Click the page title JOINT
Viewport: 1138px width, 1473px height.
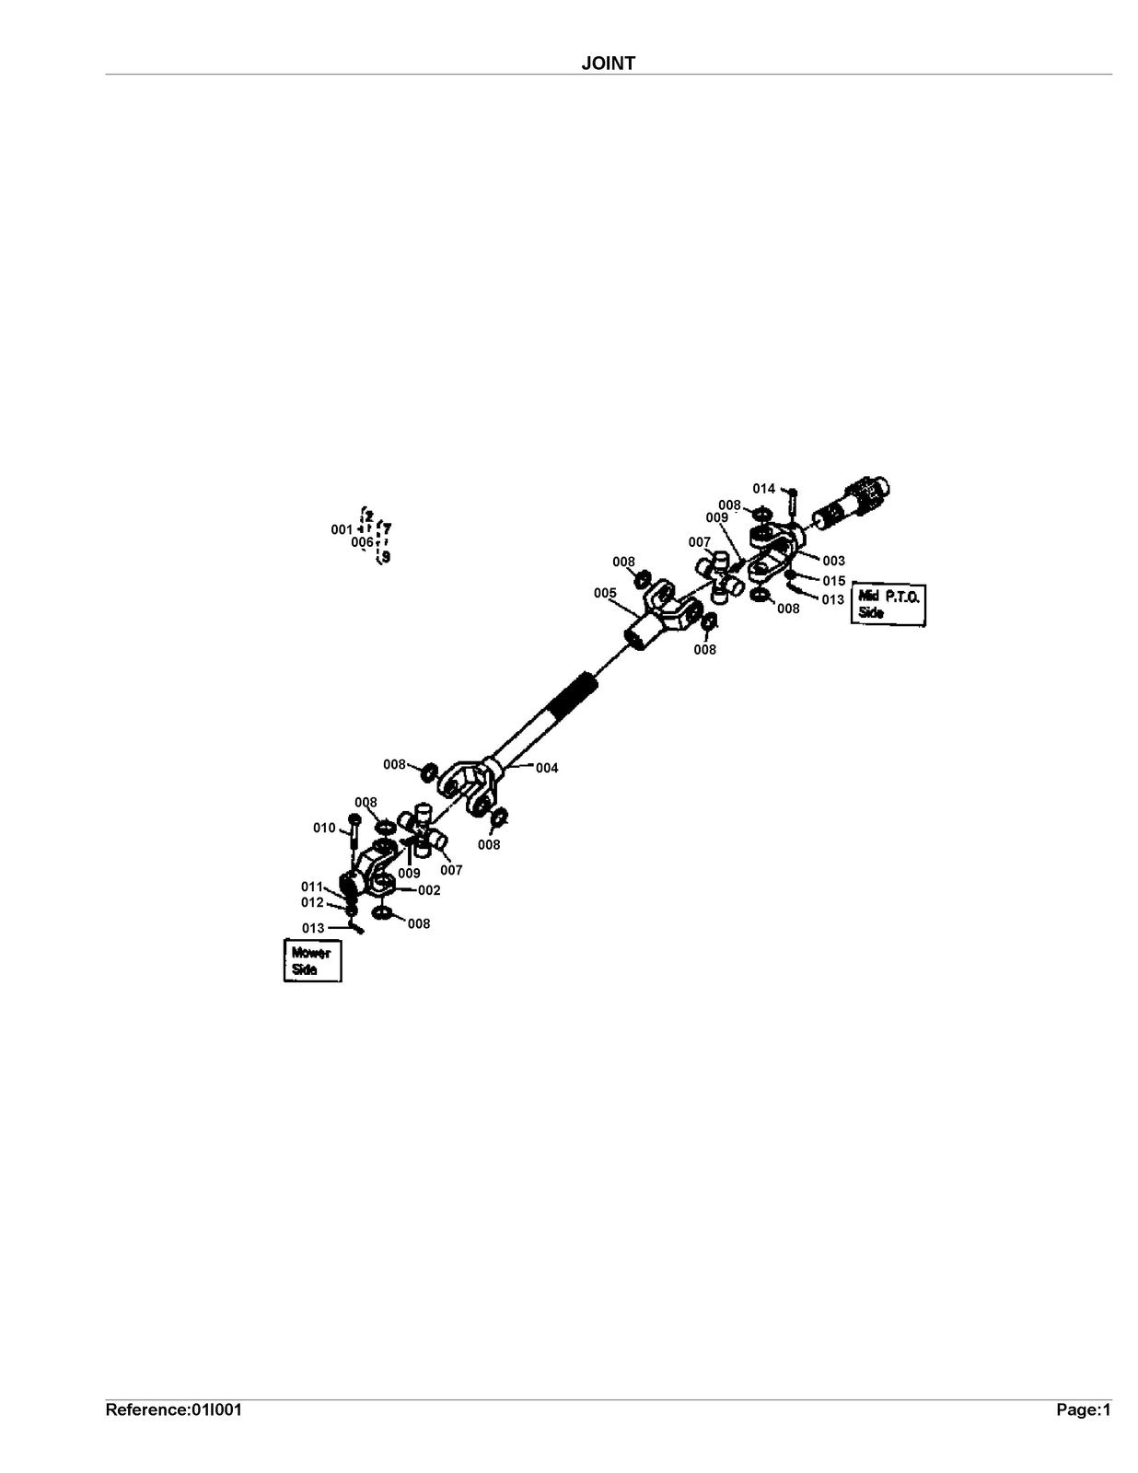coord(608,63)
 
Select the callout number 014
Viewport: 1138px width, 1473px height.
coord(764,488)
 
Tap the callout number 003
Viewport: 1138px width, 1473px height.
coord(833,561)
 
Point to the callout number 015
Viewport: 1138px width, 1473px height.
coord(834,580)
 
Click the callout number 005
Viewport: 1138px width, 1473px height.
coord(605,593)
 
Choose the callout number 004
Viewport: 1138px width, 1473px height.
coord(547,768)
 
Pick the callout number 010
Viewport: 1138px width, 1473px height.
coord(324,828)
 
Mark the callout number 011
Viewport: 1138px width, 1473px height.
coord(312,887)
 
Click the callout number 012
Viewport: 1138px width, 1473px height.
coord(312,902)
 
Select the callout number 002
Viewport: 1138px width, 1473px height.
coord(429,890)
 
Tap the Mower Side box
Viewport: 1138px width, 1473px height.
coord(312,960)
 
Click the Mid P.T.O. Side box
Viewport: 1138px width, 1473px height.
coord(888,604)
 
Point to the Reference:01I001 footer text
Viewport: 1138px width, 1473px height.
coord(173,1410)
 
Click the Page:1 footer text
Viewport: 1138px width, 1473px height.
coord(1084,1410)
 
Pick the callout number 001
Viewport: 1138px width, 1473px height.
coord(342,529)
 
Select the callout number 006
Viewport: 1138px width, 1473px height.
coord(362,542)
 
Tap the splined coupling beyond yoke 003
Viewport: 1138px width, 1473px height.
coord(852,505)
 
